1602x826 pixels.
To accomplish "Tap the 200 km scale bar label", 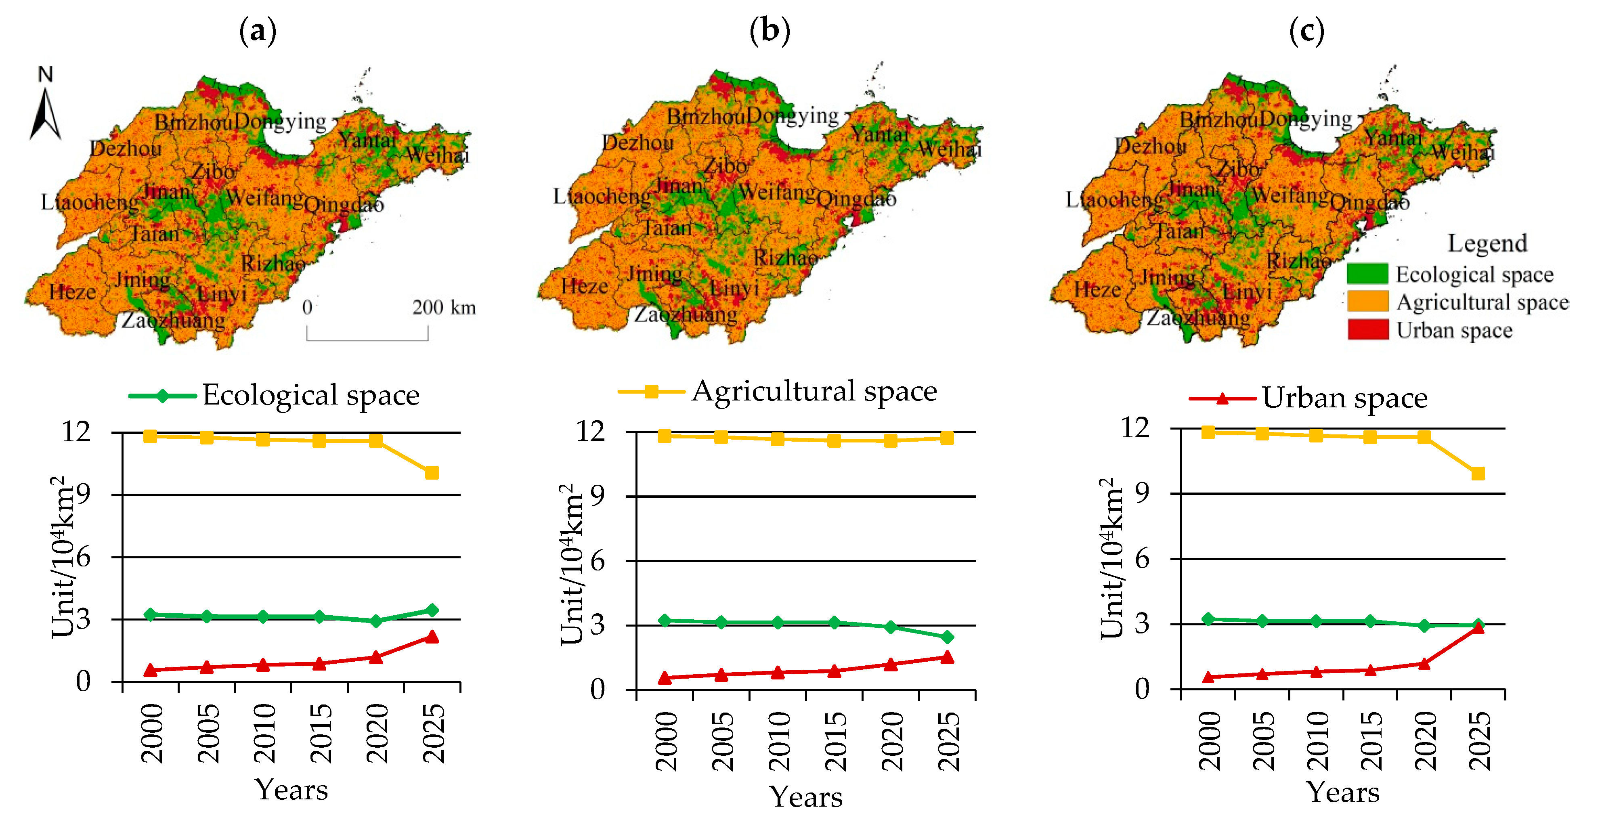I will click(x=443, y=307).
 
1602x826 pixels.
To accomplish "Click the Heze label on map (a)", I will click(x=72, y=292).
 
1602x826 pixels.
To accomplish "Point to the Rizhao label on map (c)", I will click(x=1298, y=260).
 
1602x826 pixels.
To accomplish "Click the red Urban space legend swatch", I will click(x=1367, y=329).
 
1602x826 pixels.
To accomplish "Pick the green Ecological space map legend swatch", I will click(x=1367, y=274).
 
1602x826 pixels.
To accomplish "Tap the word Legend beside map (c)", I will click(x=1487, y=243).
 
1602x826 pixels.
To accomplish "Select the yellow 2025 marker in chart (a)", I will click(x=432, y=473).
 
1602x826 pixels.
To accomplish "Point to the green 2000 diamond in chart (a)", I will click(x=150, y=614).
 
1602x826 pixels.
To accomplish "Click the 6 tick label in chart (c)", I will click(x=1142, y=559).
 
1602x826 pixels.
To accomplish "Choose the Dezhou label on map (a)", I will click(x=126, y=148).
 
